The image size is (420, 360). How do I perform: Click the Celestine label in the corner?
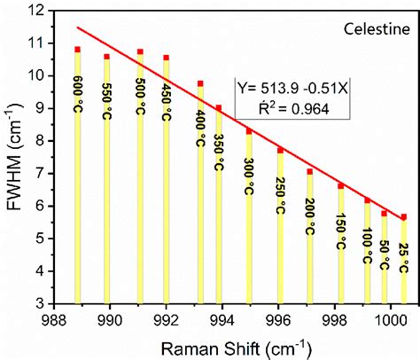(x=373, y=28)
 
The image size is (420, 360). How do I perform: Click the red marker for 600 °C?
(x=78, y=50)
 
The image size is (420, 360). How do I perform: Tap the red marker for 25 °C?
(x=404, y=217)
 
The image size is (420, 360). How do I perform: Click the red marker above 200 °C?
(x=310, y=172)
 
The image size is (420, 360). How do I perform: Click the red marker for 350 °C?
(x=219, y=108)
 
